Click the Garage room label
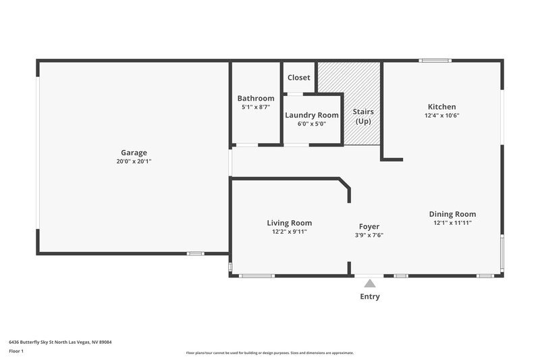tap(134, 153)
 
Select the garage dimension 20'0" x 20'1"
tap(134, 161)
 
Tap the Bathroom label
tap(256, 99)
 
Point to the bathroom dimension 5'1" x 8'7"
tap(256, 107)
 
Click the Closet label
tap(299, 78)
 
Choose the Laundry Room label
tap(311, 115)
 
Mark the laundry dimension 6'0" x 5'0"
tap(311, 124)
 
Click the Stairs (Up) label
tap(363, 116)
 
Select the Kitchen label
tap(442, 107)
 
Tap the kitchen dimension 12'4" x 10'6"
tap(442, 115)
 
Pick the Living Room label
tap(289, 223)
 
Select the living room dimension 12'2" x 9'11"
tap(289, 232)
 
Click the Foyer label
tap(369, 227)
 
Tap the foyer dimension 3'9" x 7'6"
tap(369, 236)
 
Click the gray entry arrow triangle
tap(369, 284)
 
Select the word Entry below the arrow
tap(369, 297)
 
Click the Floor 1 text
tap(17, 351)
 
